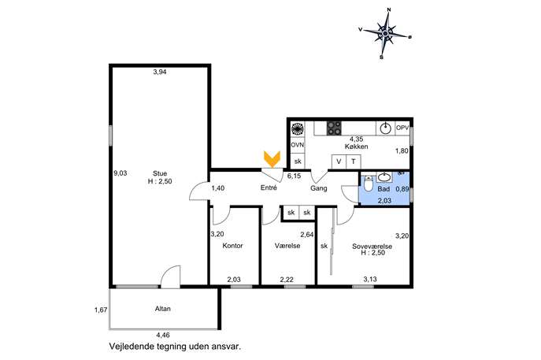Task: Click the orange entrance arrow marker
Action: point(272,159)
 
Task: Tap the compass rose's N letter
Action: point(389,9)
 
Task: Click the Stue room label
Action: point(160,173)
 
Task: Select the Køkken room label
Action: point(357,147)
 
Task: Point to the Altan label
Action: point(162,309)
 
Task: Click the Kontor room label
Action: point(232,246)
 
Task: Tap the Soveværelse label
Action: point(372,247)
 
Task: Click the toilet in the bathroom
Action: point(368,184)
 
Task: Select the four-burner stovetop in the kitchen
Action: point(334,128)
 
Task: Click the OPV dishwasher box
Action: point(402,128)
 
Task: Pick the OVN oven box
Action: point(298,145)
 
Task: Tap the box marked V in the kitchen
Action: point(339,161)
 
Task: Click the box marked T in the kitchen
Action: point(354,161)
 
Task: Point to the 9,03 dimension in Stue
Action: point(120,173)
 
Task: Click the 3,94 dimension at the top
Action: point(160,72)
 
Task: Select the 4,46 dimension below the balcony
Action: point(163,335)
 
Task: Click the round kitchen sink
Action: point(385,128)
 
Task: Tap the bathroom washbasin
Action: point(384,177)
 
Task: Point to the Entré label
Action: point(269,187)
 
